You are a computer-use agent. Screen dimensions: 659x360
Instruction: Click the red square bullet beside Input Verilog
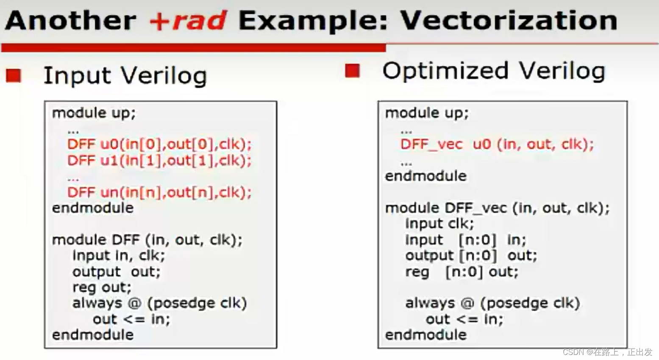(14, 75)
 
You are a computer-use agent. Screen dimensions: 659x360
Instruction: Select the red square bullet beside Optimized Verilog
(353, 71)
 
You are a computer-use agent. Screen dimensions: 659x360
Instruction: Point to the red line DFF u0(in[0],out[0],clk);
(159, 144)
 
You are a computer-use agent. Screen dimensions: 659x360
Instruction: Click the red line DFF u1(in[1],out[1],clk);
(159, 160)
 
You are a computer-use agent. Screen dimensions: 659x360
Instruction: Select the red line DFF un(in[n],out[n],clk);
(159, 192)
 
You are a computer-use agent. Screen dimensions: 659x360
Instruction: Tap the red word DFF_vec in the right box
(431, 145)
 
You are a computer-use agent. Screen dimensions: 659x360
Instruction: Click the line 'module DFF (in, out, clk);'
(147, 240)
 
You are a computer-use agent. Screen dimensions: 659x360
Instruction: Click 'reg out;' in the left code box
(102, 287)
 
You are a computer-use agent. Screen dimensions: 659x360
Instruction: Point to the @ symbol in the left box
(134, 303)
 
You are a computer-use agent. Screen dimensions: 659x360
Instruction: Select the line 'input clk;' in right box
(439, 224)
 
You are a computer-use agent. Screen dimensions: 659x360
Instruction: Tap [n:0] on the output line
(478, 256)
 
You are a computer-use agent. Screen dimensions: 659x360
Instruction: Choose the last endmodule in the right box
(426, 335)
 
